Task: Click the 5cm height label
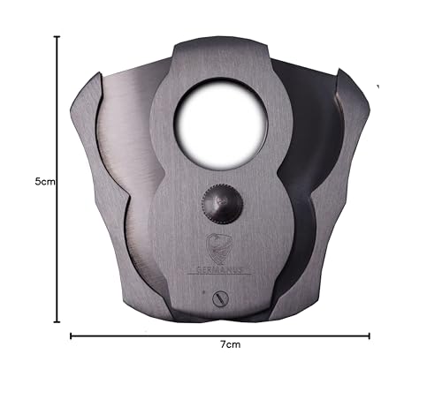(x=45, y=182)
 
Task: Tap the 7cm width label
(x=231, y=344)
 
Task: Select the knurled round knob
(x=223, y=204)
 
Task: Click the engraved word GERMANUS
(x=219, y=270)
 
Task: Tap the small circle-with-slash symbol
(x=221, y=299)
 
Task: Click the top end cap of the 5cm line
(x=57, y=37)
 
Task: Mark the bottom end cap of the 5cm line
(x=57, y=322)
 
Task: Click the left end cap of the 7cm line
(x=71, y=335)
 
